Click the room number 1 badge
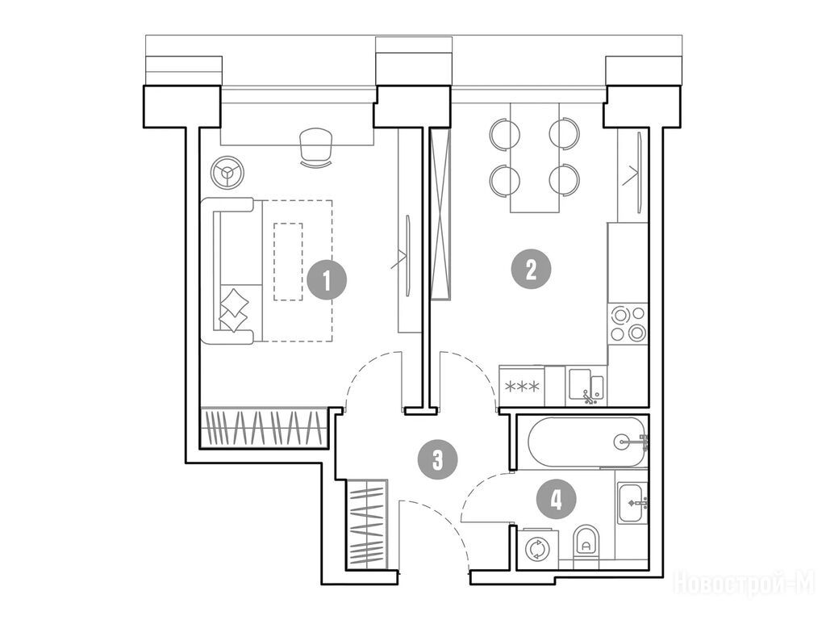click(x=327, y=280)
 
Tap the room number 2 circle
click(x=531, y=270)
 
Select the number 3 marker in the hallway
click(x=437, y=459)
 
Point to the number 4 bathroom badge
click(x=557, y=498)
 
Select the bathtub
click(x=588, y=442)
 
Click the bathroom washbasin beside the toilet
click(x=632, y=503)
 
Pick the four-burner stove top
click(x=628, y=324)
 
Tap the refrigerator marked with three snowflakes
click(x=522, y=387)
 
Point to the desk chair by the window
click(x=315, y=148)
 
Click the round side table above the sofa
click(x=227, y=171)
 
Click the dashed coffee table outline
click(x=288, y=262)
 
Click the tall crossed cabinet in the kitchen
click(x=440, y=213)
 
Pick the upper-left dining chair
click(x=505, y=133)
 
